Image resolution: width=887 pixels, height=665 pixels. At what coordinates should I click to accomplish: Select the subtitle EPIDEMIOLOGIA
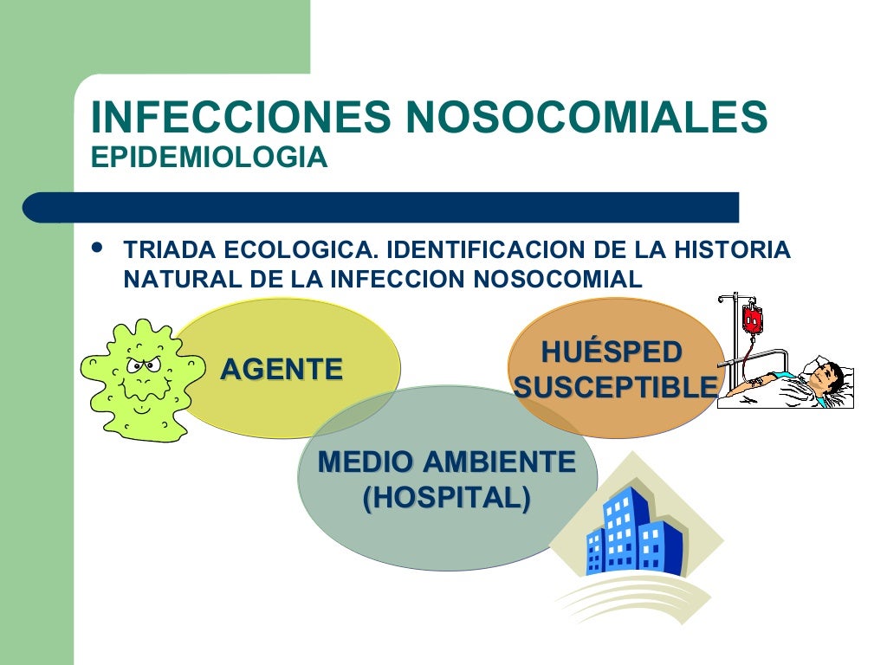[x=209, y=158]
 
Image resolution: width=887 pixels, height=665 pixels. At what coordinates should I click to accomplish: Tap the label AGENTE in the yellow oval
[x=282, y=370]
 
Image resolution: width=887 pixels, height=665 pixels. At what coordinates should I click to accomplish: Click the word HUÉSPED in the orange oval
[x=612, y=353]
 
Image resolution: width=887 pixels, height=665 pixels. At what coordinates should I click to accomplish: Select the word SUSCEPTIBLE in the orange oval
[x=616, y=388]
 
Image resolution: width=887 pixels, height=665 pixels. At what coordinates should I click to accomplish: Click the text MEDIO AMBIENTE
[x=447, y=462]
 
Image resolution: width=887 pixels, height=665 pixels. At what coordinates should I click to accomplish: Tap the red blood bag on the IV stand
[x=751, y=320]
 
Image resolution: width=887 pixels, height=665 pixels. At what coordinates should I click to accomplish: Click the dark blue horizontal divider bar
[x=381, y=208]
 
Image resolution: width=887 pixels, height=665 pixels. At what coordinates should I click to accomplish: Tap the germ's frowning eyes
[x=137, y=364]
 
